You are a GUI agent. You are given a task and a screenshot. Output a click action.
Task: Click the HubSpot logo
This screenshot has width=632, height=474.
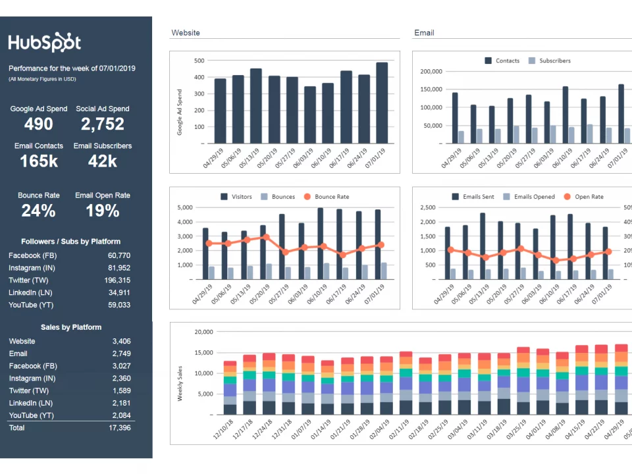click(45, 43)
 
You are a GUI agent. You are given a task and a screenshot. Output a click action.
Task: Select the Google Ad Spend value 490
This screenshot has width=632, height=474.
click(38, 124)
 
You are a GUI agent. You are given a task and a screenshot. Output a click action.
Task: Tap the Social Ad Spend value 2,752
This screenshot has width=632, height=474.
click(102, 124)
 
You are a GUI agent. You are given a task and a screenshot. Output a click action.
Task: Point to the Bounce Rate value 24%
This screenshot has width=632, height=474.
click(38, 211)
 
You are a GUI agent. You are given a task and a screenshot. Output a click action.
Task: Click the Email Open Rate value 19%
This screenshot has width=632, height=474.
click(102, 211)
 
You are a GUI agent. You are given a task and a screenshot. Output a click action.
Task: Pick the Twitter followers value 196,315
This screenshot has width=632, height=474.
click(117, 280)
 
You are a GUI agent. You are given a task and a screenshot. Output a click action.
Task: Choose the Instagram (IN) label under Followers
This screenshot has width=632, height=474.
click(32, 268)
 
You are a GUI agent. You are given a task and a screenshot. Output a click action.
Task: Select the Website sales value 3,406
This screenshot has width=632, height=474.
click(121, 341)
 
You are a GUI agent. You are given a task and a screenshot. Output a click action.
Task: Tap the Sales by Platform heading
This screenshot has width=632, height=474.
click(71, 327)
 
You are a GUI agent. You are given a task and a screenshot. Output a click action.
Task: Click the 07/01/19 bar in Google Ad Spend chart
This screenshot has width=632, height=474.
click(382, 102)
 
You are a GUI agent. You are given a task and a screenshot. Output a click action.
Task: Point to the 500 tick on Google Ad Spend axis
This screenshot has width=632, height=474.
click(199, 61)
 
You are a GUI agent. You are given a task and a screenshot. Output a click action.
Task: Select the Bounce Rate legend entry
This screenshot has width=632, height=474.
click(332, 197)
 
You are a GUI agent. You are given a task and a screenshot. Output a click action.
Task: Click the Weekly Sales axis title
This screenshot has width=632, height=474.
click(180, 383)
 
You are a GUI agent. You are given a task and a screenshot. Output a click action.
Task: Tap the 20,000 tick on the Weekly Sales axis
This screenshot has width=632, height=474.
click(203, 332)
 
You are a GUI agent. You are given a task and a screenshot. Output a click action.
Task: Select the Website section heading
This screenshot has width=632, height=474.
click(186, 32)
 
